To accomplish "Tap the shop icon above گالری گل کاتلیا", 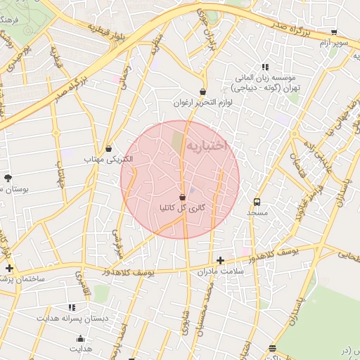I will pos(183,197).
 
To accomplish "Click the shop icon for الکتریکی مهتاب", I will pos(108,148).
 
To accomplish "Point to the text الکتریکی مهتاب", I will pos(108,160).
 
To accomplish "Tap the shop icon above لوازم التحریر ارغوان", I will pos(203,91).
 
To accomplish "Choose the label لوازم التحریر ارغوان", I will pos(203,103).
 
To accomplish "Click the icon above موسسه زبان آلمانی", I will pos(264,67).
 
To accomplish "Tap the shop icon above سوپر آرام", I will pos(333,32).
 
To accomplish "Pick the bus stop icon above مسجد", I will pos(257,200).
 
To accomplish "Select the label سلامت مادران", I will pos(220,271).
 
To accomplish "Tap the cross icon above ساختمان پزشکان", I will pos(8,268).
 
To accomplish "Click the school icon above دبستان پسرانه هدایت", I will pos(71,307).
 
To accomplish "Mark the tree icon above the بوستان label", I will pos(8,178).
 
